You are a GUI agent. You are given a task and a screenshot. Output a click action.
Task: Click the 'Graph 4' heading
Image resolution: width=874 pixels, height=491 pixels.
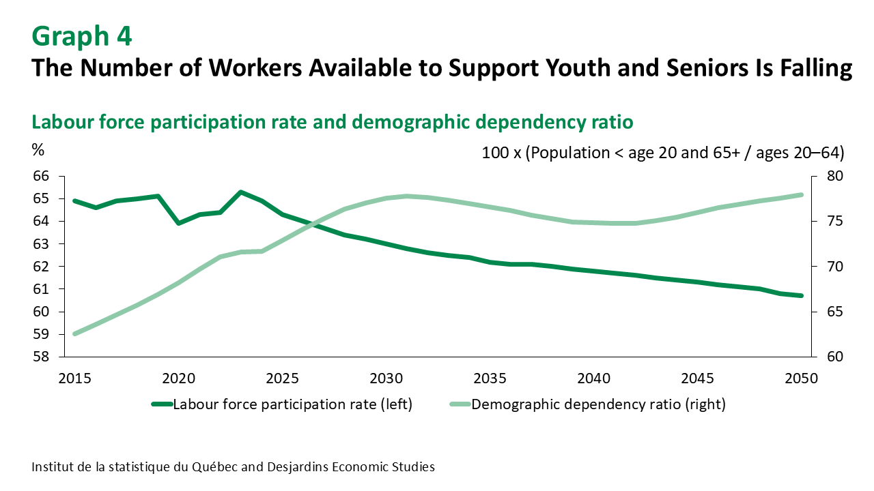(x=82, y=36)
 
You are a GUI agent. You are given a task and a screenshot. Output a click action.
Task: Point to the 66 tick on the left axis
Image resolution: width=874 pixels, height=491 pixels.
(x=41, y=176)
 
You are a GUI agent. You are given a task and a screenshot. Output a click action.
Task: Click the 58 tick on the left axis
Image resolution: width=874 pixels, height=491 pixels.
(x=41, y=357)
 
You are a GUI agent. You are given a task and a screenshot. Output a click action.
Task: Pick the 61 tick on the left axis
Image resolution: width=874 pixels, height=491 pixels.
(x=41, y=289)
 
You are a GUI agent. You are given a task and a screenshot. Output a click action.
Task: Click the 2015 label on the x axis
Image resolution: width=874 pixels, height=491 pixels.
(x=74, y=378)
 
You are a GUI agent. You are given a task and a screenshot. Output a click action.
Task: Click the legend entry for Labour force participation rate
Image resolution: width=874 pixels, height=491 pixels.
(x=282, y=404)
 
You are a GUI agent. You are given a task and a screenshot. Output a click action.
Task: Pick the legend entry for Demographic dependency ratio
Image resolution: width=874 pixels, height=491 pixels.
(x=587, y=404)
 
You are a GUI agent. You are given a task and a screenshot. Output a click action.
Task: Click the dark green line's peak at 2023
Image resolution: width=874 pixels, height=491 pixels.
(x=240, y=192)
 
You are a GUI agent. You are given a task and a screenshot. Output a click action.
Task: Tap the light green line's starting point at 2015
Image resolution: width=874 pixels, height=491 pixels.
(x=74, y=334)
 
